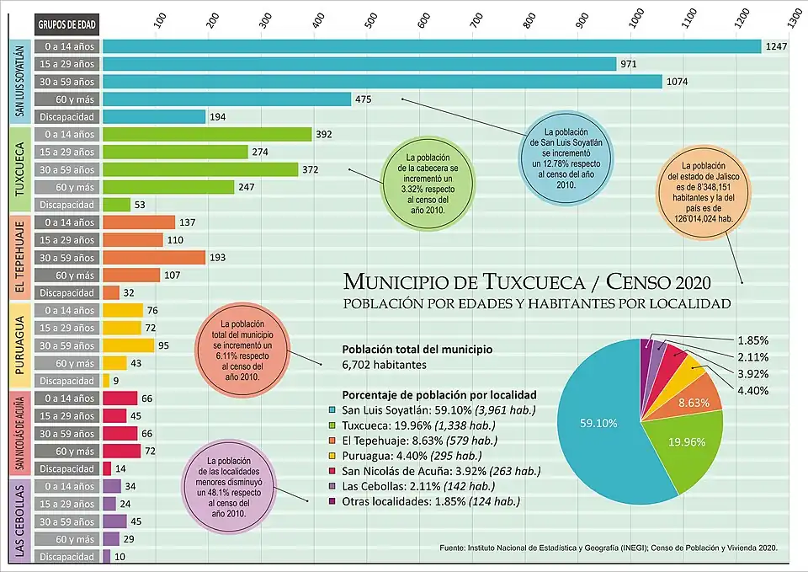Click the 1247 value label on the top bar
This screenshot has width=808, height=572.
pyautogui.click(x=776, y=46)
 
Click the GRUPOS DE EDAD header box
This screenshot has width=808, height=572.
pyautogui.click(x=64, y=24)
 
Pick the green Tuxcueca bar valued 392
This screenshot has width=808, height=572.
pyautogui.click(x=207, y=135)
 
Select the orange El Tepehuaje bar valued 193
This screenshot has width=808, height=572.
pyautogui.click(x=154, y=258)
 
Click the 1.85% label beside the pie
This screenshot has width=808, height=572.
pyautogui.click(x=753, y=339)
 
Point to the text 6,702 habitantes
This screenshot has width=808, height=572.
pyautogui.click(x=385, y=366)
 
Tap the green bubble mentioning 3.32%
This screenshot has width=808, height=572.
pyautogui.click(x=428, y=184)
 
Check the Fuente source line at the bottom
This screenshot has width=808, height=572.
pyautogui.click(x=608, y=548)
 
